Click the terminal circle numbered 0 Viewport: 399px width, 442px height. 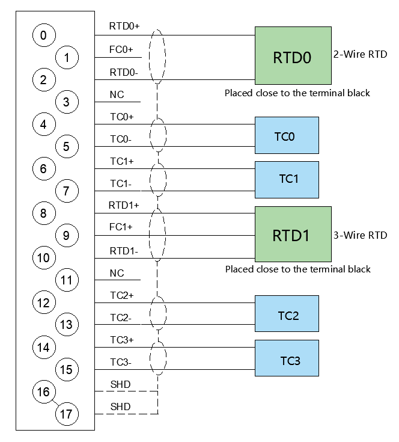point(44,35)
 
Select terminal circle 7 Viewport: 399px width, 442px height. point(67,191)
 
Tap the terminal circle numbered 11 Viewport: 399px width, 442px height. point(67,280)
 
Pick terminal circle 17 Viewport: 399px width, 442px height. point(67,414)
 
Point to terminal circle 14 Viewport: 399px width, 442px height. point(44,347)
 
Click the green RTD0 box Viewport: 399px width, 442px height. point(293,55)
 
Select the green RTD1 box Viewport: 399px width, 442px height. point(293,235)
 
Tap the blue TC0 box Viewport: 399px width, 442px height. point(287,135)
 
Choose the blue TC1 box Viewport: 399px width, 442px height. point(287,180)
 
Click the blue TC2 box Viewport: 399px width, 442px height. point(287,313)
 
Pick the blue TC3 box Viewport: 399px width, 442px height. point(287,358)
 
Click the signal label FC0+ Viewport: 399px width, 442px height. point(121,49)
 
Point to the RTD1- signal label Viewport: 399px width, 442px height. point(124,251)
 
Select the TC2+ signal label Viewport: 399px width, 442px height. point(121,295)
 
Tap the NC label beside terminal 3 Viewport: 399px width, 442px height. point(117,95)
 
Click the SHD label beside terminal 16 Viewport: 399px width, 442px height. point(121,384)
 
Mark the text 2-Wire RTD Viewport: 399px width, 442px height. point(361,54)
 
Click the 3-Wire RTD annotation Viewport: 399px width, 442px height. point(361,235)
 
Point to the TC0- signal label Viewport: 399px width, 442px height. point(121,140)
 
